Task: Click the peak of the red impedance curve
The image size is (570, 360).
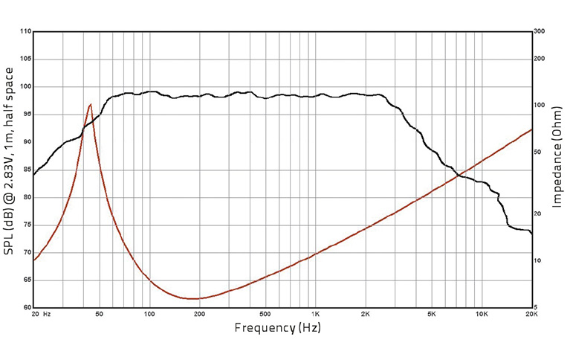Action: click(91, 104)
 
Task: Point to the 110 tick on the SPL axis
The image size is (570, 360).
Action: click(26, 32)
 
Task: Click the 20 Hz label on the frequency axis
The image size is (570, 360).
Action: click(41, 315)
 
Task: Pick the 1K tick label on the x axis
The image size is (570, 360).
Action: click(315, 315)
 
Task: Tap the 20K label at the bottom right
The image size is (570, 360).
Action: click(531, 315)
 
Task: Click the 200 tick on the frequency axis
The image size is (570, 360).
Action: click(199, 315)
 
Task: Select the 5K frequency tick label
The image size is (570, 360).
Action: click(431, 315)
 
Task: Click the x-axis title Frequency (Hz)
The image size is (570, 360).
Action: click(279, 328)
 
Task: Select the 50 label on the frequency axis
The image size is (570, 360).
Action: click(100, 315)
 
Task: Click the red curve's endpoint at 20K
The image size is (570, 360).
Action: click(532, 129)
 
